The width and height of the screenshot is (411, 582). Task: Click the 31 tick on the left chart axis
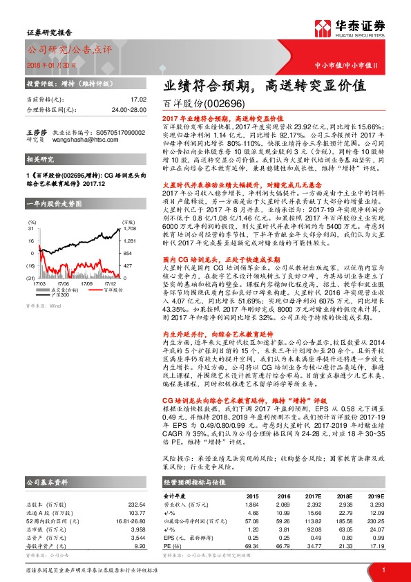(31, 227)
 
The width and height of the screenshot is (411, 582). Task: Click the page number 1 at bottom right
(383, 570)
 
